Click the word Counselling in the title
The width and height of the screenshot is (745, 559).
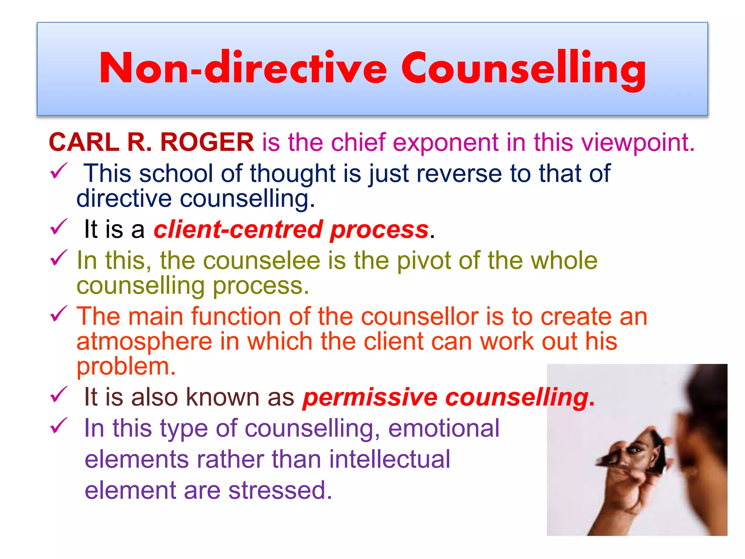click(524, 69)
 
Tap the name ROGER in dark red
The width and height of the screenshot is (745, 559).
click(207, 142)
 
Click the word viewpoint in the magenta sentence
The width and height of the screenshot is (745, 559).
click(638, 143)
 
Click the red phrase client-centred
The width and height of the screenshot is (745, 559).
click(238, 230)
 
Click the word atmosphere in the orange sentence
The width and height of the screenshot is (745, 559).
click(144, 342)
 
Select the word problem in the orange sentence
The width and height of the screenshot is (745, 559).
click(126, 366)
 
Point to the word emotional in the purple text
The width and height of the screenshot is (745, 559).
click(444, 428)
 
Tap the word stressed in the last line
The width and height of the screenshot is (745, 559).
click(280, 490)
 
